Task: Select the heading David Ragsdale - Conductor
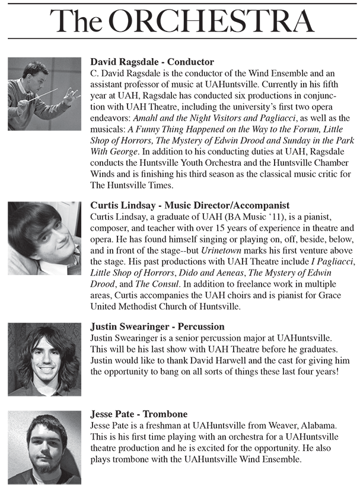click(x=152, y=62)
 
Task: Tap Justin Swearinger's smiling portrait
click(x=44, y=359)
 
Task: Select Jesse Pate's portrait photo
click(x=44, y=447)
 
